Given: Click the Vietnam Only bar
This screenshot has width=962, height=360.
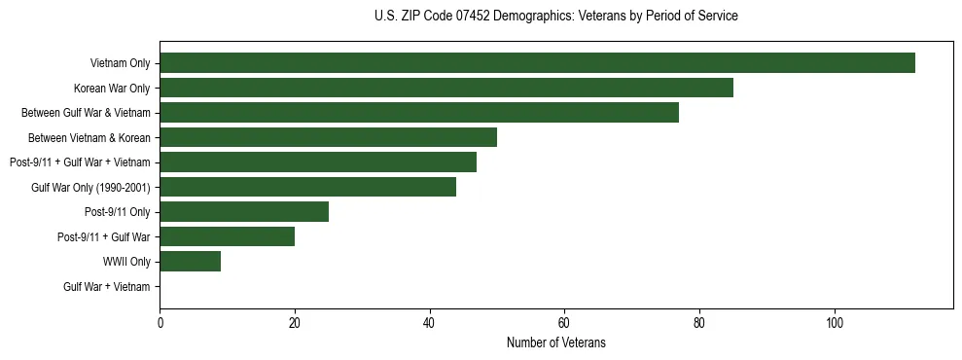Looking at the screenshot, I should (537, 63).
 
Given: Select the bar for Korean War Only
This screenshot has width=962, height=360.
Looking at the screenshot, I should (445, 88).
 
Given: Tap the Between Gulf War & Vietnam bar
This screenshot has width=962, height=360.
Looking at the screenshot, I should (418, 112).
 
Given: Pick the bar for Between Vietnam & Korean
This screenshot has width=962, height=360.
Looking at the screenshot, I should (328, 137).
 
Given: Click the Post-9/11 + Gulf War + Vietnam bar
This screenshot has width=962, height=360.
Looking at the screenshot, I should (318, 162).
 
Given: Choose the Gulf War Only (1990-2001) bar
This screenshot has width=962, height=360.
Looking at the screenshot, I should (307, 187).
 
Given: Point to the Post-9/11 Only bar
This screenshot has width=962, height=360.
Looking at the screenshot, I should (244, 211).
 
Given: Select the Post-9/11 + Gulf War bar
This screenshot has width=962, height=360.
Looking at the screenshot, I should (227, 236).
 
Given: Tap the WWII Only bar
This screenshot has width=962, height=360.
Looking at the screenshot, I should (190, 261).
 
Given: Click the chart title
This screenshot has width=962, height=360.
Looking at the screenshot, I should (555, 17).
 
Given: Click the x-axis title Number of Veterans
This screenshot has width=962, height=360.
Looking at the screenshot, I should (555, 342).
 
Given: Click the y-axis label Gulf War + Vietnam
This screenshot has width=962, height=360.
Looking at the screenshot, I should (106, 286).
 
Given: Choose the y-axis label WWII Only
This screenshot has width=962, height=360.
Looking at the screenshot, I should (126, 261).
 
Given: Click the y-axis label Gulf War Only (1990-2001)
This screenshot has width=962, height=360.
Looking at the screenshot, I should (90, 187).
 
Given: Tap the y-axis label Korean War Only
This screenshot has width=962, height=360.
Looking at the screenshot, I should (112, 88).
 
